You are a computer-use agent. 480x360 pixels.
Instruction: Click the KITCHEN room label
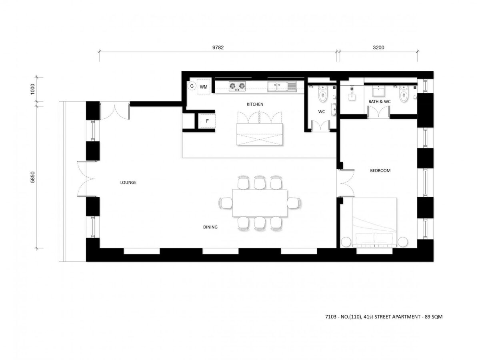(x=255, y=104)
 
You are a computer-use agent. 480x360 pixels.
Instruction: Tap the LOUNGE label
(x=128, y=182)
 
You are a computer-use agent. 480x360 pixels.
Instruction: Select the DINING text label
(x=210, y=227)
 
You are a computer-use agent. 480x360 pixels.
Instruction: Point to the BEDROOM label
(x=380, y=170)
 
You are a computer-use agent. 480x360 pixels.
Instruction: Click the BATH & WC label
(x=380, y=102)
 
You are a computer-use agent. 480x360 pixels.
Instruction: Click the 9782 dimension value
(x=218, y=48)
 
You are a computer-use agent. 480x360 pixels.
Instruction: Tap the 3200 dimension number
(x=378, y=48)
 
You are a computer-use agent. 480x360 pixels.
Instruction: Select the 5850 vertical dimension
(x=32, y=177)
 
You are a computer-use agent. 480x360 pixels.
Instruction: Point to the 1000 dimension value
(x=32, y=89)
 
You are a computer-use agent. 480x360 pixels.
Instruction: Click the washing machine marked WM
(x=203, y=87)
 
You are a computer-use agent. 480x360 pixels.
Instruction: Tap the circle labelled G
(x=192, y=86)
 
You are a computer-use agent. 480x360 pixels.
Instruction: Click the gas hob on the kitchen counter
(x=237, y=86)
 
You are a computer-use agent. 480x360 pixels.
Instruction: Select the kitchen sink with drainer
(x=282, y=86)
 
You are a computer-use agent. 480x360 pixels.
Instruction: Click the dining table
(x=260, y=203)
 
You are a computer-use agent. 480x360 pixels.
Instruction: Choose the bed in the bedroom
(x=374, y=222)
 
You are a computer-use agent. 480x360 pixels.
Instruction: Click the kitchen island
(x=260, y=134)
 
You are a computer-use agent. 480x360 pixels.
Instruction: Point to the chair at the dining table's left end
(x=226, y=203)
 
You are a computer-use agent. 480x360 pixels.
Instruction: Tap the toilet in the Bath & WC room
(x=404, y=94)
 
